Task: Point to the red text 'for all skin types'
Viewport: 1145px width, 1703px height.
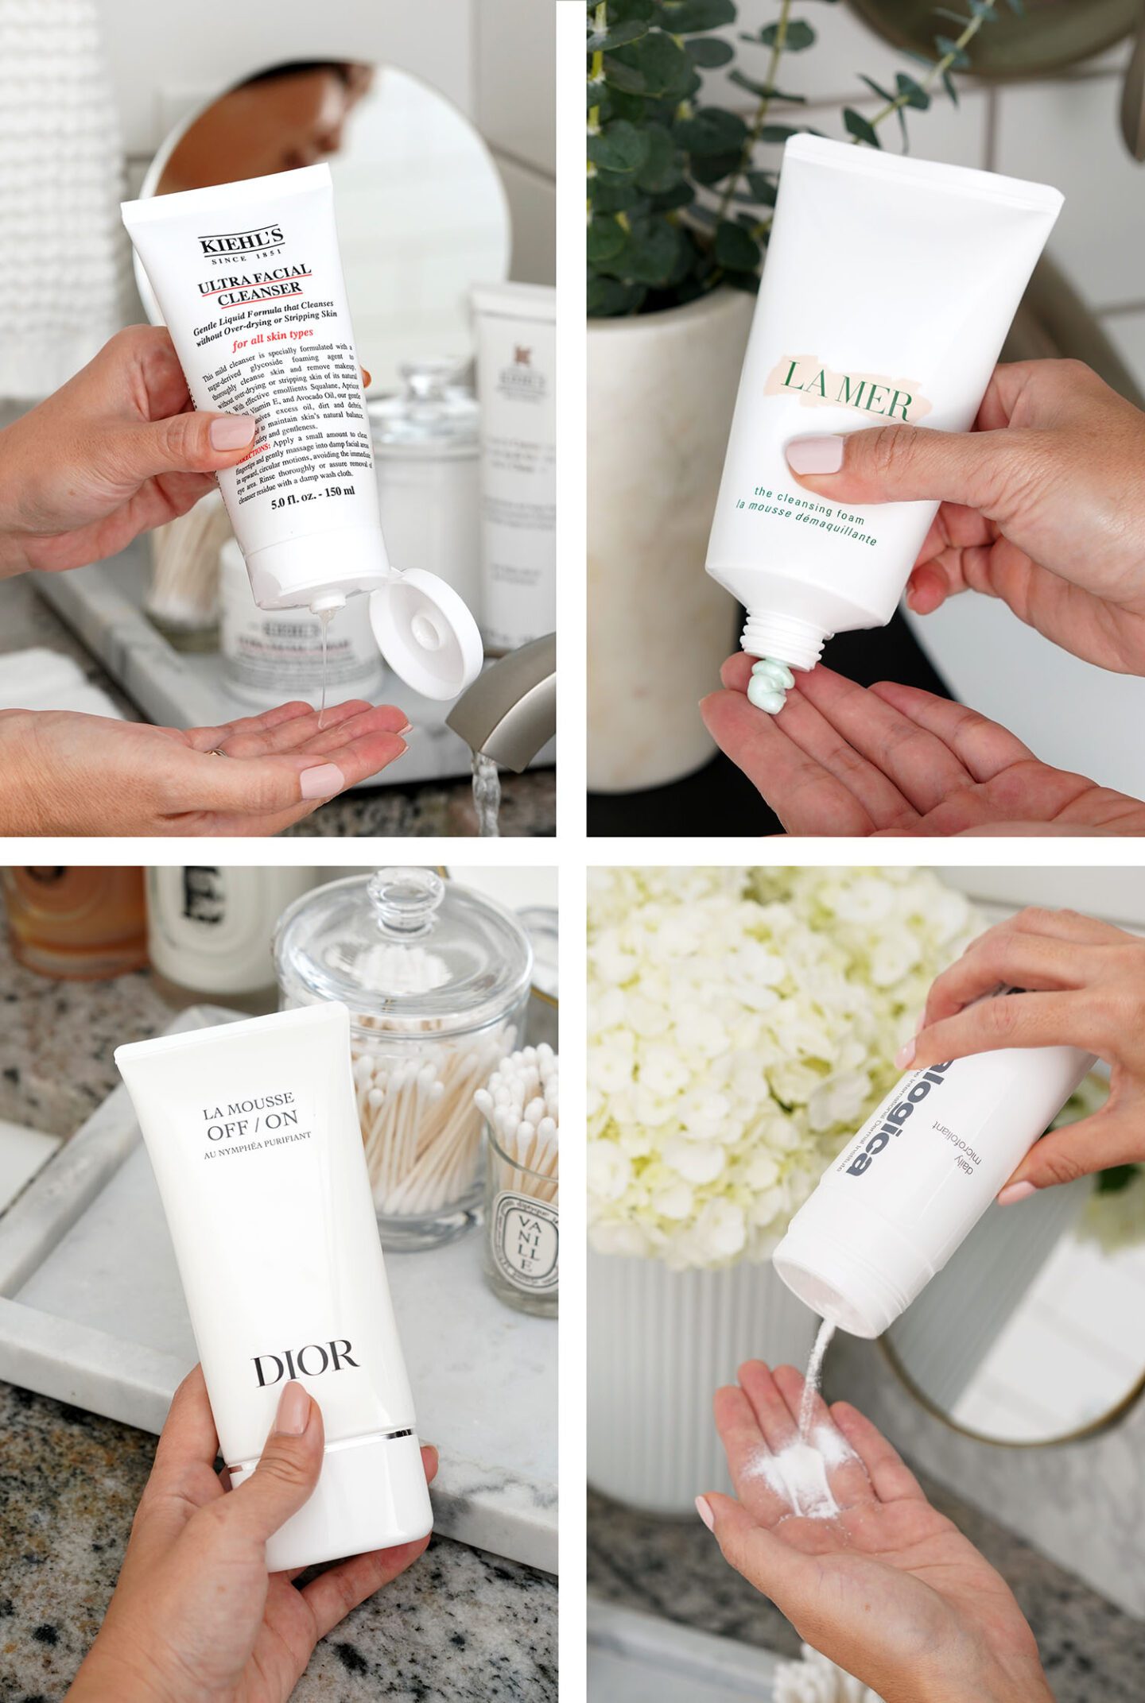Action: click(273, 339)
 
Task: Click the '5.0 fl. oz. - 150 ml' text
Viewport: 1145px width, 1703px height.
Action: click(312, 497)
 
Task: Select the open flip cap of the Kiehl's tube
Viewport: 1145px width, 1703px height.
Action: click(425, 633)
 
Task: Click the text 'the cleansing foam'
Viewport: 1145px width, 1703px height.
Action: click(809, 506)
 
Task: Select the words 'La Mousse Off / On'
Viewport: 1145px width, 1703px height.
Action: click(250, 1117)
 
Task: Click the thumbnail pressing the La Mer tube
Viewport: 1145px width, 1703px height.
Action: click(814, 455)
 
